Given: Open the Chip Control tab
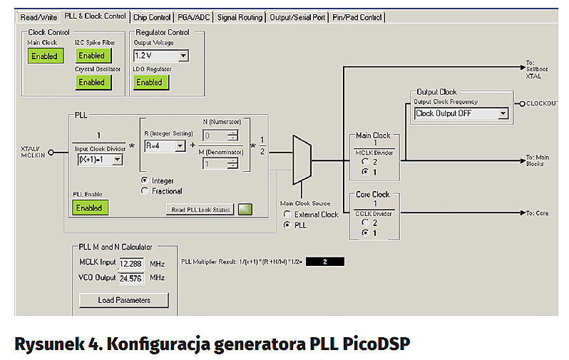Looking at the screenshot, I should coord(152,16).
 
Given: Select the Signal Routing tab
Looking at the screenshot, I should coord(239,16).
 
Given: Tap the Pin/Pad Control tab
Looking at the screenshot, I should coord(358,16).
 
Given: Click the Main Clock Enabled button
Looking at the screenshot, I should coord(45,56).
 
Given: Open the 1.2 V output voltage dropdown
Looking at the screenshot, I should coord(160,56).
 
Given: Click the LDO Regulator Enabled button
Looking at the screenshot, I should coord(149,82).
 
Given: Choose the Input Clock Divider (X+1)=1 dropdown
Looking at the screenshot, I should coord(100,160).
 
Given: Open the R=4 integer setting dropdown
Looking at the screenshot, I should coord(165,146).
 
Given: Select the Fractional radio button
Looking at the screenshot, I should coord(145,191).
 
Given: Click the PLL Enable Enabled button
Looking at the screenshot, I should coord(90,208).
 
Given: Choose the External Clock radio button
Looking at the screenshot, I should coord(287,215).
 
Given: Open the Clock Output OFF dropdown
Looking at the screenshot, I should coord(461,113).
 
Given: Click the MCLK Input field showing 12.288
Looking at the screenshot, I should coord(131,264).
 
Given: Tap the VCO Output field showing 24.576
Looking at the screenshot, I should coord(131,277).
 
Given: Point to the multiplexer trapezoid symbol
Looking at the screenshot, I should coord(302,161).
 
